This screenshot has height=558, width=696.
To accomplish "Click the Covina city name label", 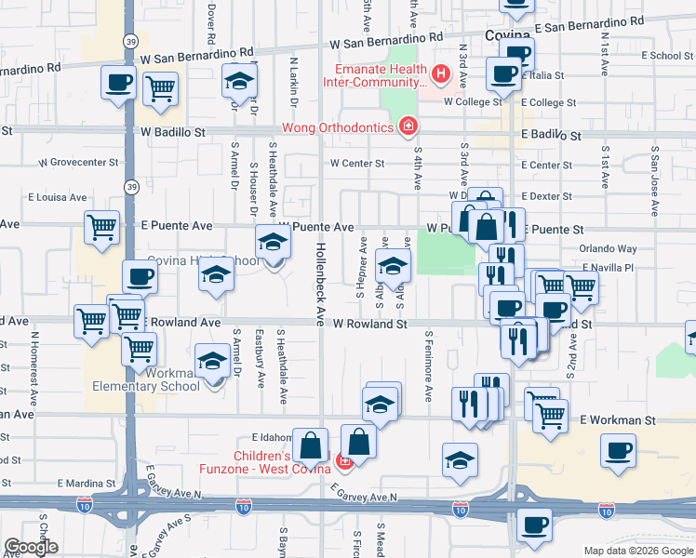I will point(507,34).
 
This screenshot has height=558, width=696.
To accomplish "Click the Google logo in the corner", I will point(31,547).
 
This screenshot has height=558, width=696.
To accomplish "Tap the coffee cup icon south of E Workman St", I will point(618,453).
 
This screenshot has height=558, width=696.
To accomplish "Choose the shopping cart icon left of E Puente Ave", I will point(101,227).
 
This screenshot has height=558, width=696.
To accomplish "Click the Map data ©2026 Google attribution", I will point(637,551).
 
